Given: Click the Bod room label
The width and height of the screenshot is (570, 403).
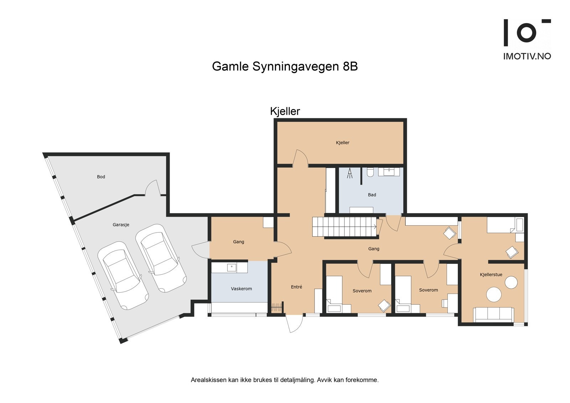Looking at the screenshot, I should coord(101,177).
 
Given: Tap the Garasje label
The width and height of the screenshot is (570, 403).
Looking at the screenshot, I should coord(121,225).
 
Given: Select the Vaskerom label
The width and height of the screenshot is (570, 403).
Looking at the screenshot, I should coord(241,289).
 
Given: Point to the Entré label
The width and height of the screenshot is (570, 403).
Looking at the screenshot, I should coord(296,287).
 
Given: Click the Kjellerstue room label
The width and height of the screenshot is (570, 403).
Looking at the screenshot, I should coord(491,275).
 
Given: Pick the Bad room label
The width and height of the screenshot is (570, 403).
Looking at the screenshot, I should coord(372,195).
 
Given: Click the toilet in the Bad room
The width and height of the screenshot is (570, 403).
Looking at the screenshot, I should coord(370,172).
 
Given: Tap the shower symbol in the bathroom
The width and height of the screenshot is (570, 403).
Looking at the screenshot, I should coord(350,173).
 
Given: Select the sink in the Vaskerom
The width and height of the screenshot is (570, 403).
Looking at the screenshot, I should coord(232,267).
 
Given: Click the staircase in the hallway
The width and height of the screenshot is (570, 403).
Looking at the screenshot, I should coord(344,227).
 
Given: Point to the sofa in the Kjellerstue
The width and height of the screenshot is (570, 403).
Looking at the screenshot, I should coord(493,314).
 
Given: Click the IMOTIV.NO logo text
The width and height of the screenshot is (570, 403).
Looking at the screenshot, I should coord(527,56).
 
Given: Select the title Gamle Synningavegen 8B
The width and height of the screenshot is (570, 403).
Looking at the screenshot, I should coord(285,66).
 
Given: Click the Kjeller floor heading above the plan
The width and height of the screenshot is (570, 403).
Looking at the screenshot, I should coord(285,111).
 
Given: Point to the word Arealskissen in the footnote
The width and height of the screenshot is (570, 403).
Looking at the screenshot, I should coord(208,380).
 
